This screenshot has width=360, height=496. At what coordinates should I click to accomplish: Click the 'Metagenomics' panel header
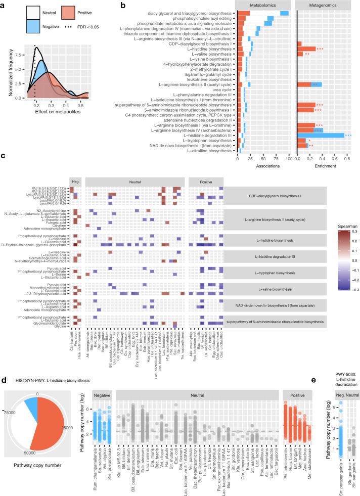coord(323,5)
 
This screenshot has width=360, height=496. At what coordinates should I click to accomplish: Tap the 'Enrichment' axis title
coord(323,165)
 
